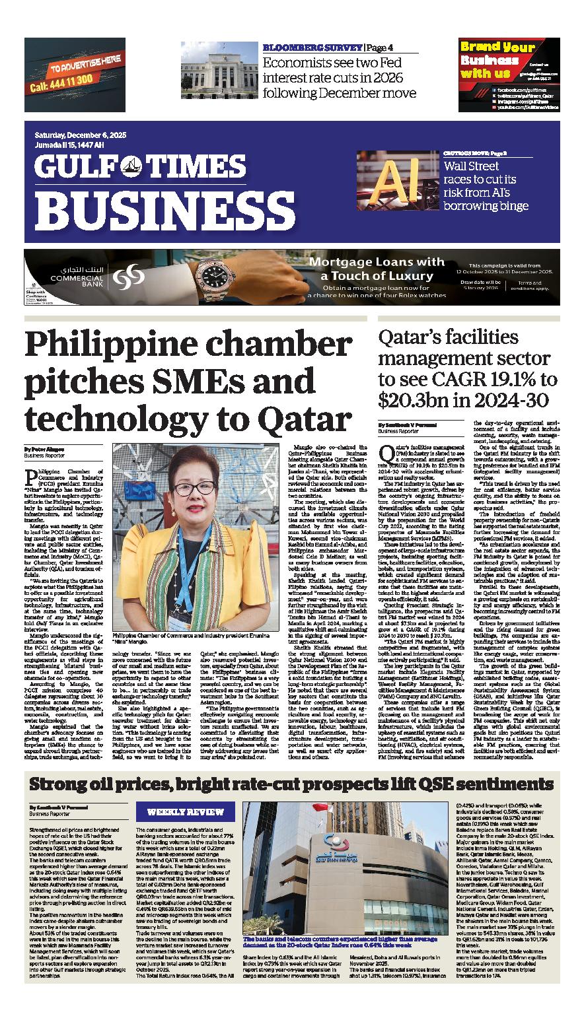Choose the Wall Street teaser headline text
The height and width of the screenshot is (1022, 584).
(x=486, y=186)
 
